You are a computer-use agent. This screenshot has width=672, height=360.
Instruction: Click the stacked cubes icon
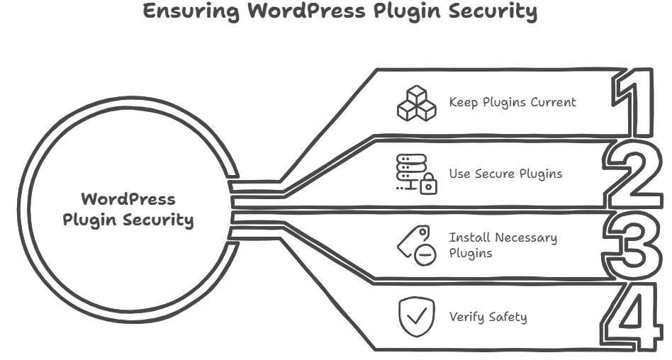416,103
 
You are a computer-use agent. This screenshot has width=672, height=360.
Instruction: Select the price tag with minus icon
415,245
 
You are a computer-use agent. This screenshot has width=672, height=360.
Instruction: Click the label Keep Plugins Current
513,102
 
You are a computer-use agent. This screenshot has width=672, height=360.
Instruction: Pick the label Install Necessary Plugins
503,244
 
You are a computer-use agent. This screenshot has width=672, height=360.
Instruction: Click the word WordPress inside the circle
128,198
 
